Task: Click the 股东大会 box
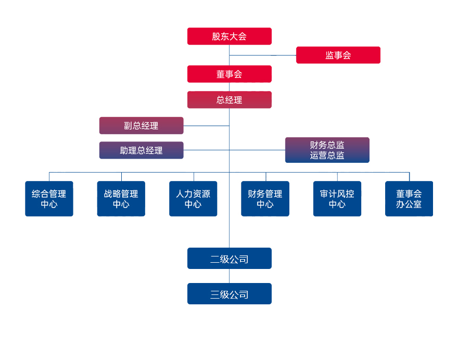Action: tap(229, 36)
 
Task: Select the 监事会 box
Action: tap(338, 55)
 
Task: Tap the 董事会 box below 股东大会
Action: tap(229, 74)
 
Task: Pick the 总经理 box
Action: tap(229, 100)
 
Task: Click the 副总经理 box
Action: tap(141, 125)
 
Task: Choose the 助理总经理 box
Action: tap(141, 150)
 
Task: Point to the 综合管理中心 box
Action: tap(49, 199)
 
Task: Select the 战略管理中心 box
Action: tap(121, 199)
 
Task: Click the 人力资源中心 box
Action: tap(193, 199)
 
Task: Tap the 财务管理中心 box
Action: tap(265, 199)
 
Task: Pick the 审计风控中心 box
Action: tap(337, 199)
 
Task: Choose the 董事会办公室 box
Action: tap(409, 199)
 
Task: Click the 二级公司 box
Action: tap(229, 259)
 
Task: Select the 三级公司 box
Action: tap(229, 294)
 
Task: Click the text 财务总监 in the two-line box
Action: tap(327, 145)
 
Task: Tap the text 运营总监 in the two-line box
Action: tap(327, 155)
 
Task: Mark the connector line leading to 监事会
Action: tap(263, 55)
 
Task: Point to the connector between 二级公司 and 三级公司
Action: tap(230, 276)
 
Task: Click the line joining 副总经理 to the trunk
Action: tap(206, 125)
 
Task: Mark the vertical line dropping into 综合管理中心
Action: tap(49, 176)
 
